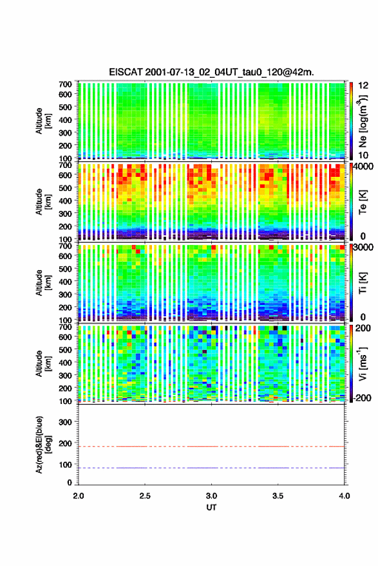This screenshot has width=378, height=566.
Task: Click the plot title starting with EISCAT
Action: [x=211, y=72]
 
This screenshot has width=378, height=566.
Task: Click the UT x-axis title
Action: [x=211, y=507]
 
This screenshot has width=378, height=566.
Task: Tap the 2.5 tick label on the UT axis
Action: [x=145, y=496]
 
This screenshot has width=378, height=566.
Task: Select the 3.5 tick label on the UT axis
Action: [x=278, y=496]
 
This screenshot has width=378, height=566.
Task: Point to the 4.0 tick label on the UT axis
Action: [x=345, y=496]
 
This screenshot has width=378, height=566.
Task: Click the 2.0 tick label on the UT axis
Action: [x=79, y=496]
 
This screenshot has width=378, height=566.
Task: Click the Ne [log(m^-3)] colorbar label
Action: [x=364, y=122]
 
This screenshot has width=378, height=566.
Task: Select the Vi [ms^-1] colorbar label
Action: [x=363, y=363]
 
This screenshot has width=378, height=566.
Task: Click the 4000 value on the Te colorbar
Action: [x=363, y=167]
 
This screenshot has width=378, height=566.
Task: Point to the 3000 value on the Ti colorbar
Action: [x=363, y=248]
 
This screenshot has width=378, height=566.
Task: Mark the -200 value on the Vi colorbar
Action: [x=362, y=397]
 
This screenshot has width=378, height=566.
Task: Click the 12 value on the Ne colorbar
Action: [x=363, y=86]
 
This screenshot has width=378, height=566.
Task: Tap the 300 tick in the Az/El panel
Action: [x=65, y=422]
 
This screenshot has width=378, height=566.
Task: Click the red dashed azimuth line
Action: [x=211, y=447]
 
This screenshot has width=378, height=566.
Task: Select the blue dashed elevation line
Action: [x=211, y=468]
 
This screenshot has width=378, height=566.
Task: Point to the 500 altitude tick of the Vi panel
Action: [x=65, y=350]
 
